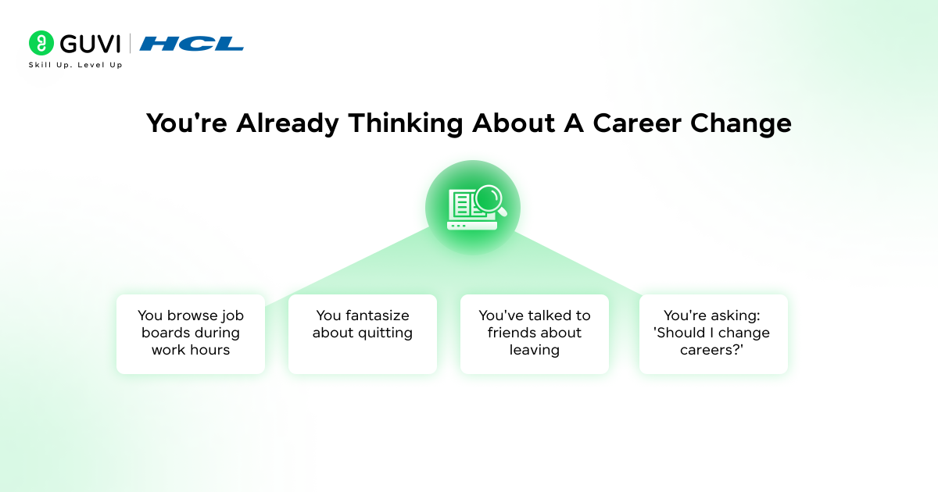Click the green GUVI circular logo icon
pos(41,43)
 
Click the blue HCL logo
pos(192,44)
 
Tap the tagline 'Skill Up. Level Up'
pos(75,65)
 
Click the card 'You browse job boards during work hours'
pos(191,333)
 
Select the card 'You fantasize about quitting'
pos(363,333)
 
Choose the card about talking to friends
pos(535,333)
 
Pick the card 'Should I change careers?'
pos(713,333)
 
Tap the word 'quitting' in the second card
pos(385,333)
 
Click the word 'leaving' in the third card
pos(535,350)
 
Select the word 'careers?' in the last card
pos(713,350)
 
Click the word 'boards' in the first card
pos(166,333)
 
